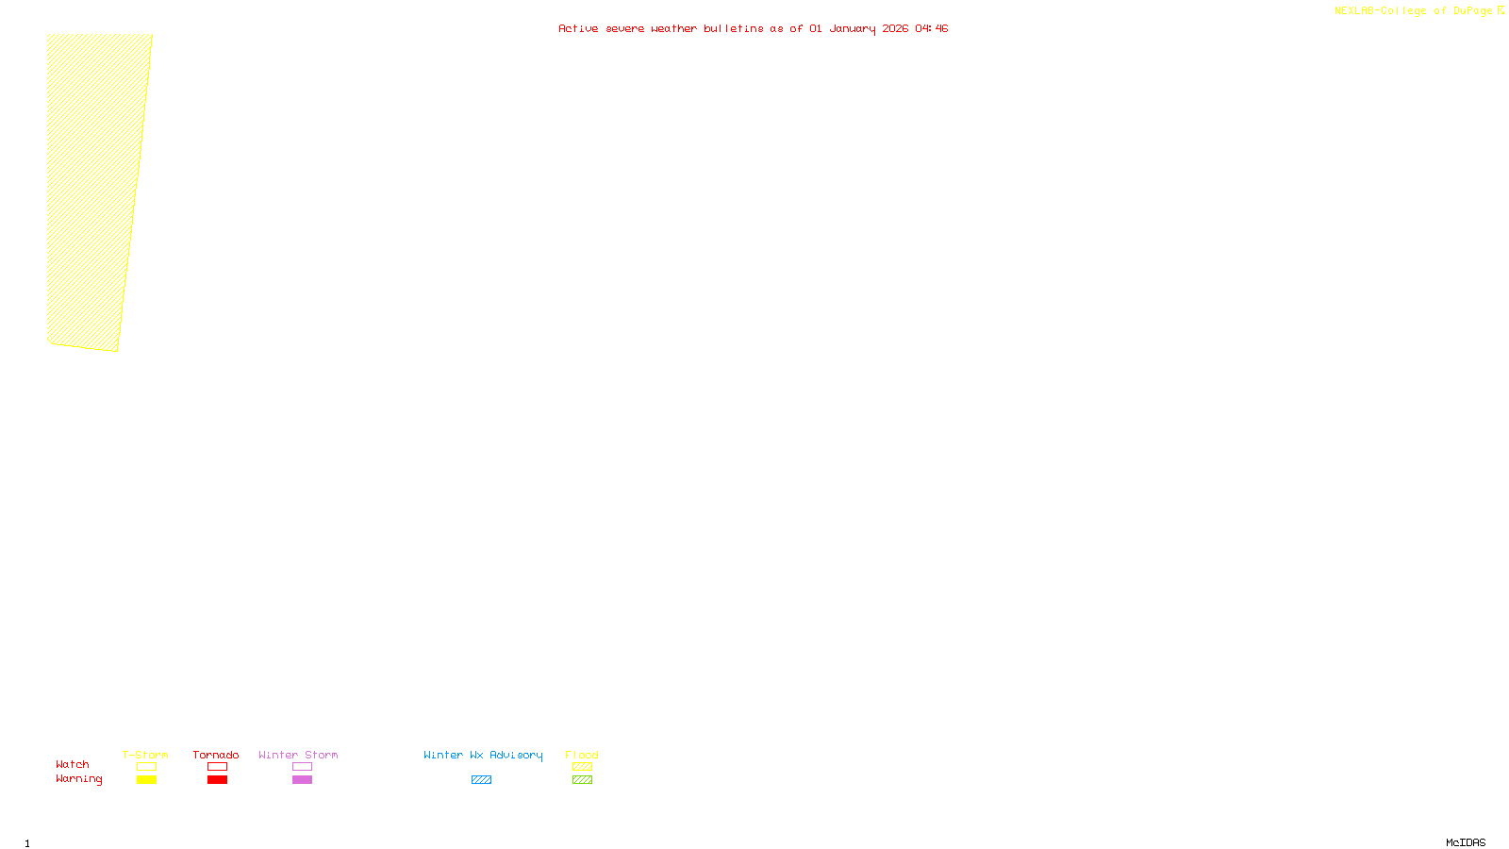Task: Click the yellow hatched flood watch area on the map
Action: [94, 189]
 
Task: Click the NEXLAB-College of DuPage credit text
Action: [1413, 11]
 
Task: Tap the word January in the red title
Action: [852, 28]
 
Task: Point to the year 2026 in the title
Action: [895, 28]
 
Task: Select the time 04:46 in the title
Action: [931, 28]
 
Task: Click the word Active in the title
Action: [577, 28]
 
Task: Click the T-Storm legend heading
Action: [145, 755]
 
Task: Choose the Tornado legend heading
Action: [216, 755]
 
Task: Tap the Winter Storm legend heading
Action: [298, 755]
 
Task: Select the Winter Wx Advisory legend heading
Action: [483, 755]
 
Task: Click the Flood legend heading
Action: [582, 755]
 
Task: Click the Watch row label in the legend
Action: [73, 764]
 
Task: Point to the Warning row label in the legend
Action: [78, 779]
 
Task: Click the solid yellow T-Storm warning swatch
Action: [146, 780]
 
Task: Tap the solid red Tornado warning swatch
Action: [217, 780]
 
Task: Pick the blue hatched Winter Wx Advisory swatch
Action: [481, 780]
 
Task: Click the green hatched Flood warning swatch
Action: [582, 780]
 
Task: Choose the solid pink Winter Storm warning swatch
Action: [302, 780]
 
